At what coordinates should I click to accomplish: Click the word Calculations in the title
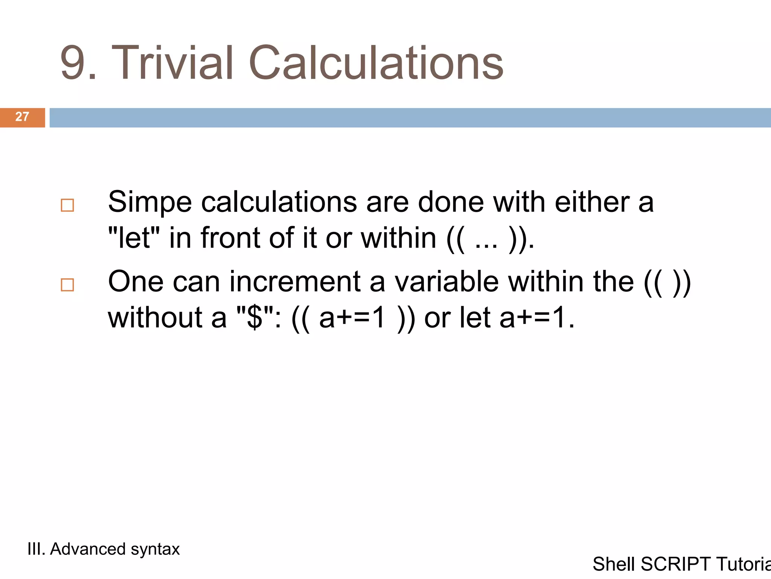point(376,63)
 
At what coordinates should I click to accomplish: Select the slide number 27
point(22,117)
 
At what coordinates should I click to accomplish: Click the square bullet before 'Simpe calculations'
point(67,205)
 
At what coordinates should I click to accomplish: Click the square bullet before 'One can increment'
point(67,285)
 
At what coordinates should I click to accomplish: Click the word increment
point(295,282)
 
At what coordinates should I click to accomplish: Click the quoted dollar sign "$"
point(255,318)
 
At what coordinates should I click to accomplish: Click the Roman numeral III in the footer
point(36,549)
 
